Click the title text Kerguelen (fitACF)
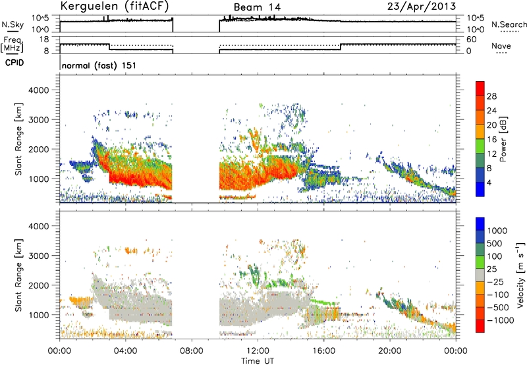point(114,7)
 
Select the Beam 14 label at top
point(257,7)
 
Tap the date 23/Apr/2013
point(422,7)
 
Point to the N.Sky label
point(13,24)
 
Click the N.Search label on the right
point(509,24)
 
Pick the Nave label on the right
point(501,45)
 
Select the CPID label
point(14,63)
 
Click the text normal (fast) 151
point(99,65)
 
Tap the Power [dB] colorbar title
point(503,139)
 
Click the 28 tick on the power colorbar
point(491,96)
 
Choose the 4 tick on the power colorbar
point(489,182)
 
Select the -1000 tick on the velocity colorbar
point(501,320)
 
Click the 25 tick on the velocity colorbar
point(491,269)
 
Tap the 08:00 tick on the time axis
point(192,351)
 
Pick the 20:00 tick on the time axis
point(389,351)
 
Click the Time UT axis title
point(258,360)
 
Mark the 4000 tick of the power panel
point(38,90)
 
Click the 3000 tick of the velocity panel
point(38,256)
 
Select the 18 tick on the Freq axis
point(44,40)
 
